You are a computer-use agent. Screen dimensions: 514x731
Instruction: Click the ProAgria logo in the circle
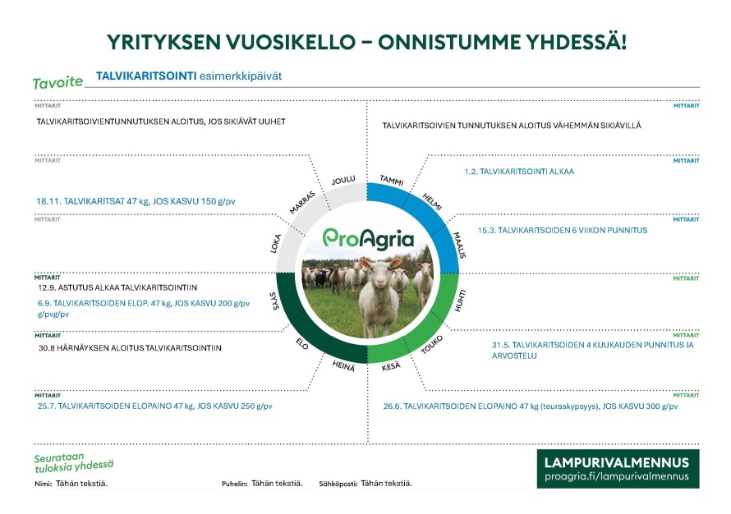[367, 238]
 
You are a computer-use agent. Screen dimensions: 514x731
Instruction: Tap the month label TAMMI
[390, 181]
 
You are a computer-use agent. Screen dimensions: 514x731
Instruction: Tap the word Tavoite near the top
[57, 83]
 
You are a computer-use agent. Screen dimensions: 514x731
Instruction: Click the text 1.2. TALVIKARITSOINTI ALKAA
[518, 172]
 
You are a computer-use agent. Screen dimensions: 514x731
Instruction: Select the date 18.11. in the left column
[49, 200]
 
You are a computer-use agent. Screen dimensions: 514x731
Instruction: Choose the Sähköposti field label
[338, 484]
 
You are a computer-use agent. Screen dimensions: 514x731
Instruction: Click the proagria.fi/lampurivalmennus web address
[618, 477]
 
